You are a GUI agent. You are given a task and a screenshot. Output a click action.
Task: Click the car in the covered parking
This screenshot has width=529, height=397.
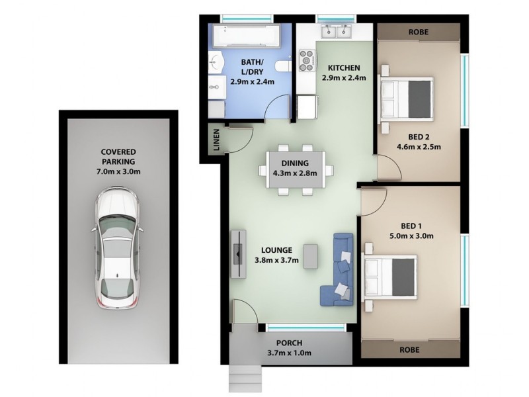click(x=116, y=249)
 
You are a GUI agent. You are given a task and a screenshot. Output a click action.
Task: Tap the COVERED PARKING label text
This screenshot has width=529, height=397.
click(x=118, y=156)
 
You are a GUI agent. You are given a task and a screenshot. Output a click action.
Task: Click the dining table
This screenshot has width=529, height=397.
click(x=295, y=169)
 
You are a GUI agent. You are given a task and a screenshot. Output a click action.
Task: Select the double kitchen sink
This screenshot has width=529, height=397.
click(x=336, y=31)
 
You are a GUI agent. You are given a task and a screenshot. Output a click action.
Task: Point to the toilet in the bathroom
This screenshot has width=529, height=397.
click(x=283, y=66)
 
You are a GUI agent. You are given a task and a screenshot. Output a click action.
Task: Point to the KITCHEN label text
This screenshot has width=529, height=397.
click(x=344, y=67)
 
